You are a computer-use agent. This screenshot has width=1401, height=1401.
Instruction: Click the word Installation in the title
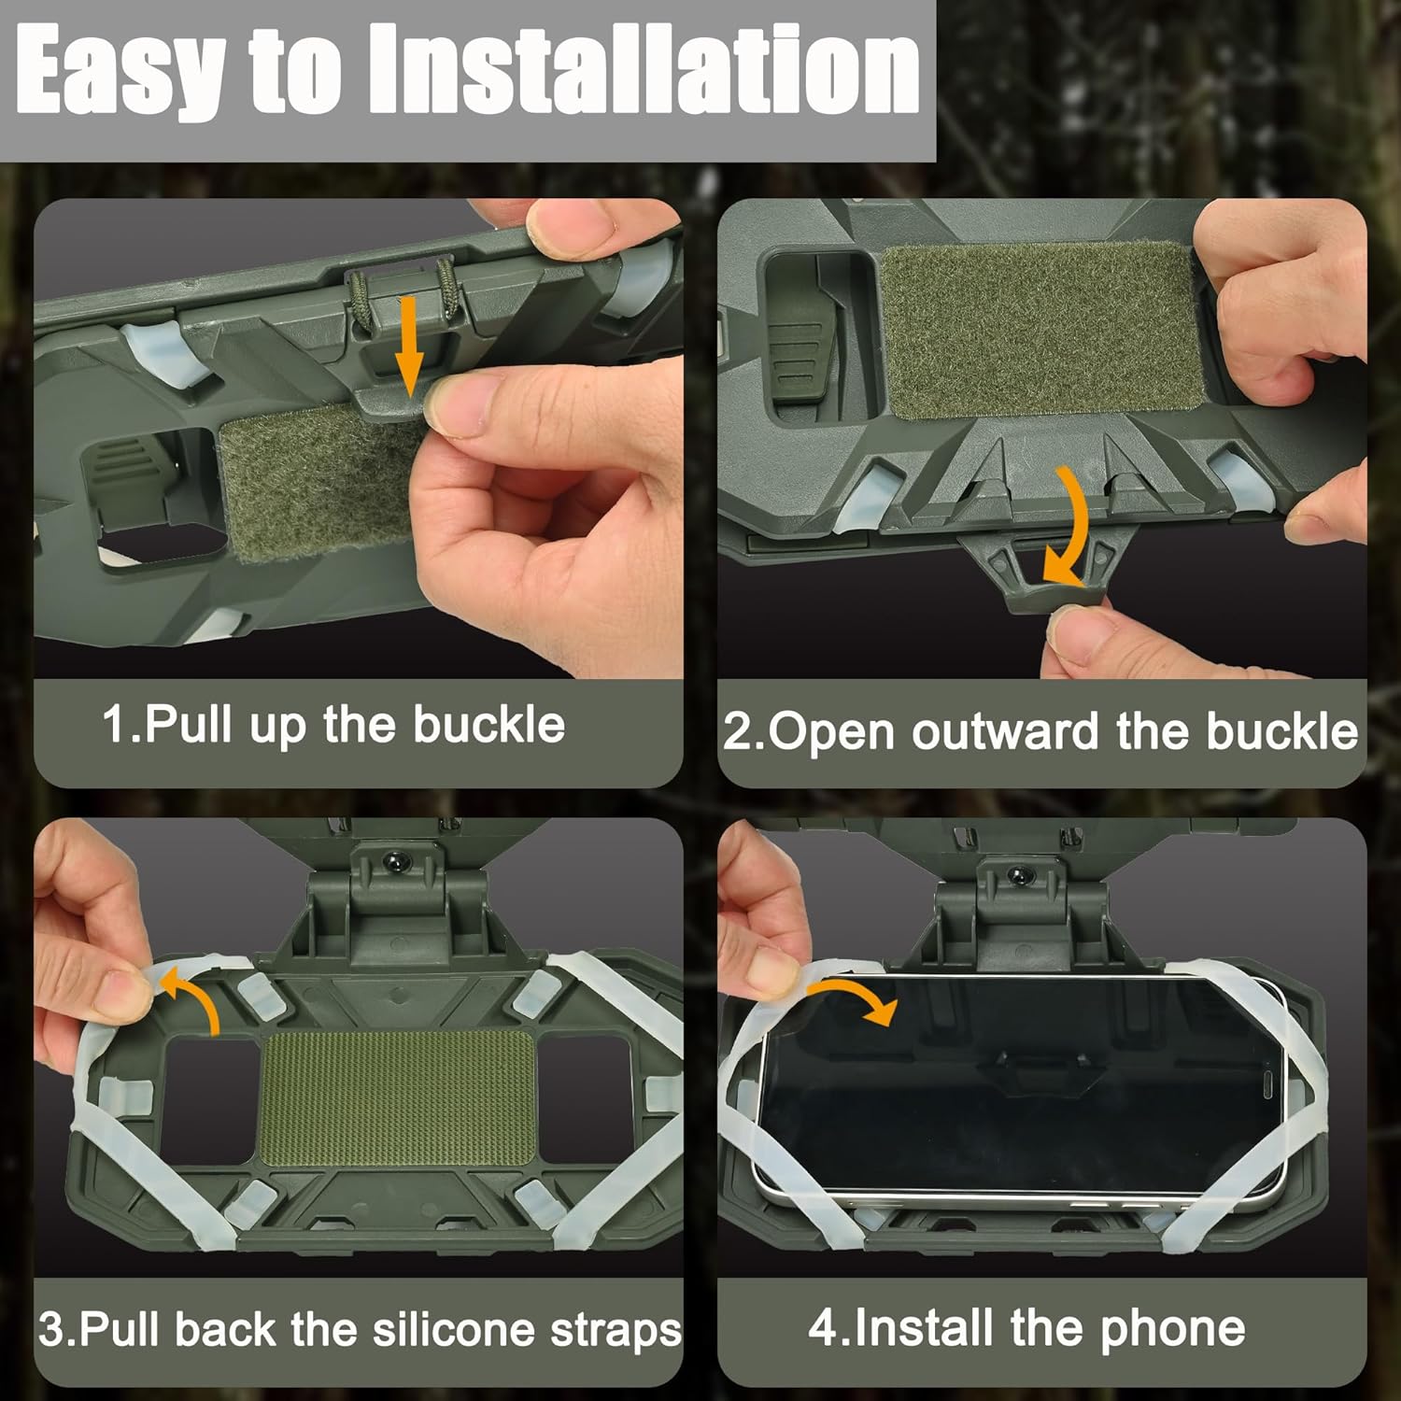click(644, 70)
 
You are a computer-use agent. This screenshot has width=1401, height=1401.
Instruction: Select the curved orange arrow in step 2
click(1071, 528)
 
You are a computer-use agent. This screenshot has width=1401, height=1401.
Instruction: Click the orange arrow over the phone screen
click(855, 999)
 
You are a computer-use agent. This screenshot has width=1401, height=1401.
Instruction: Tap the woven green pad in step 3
click(397, 1098)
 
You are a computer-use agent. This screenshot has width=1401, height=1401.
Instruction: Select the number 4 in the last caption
click(823, 1327)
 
